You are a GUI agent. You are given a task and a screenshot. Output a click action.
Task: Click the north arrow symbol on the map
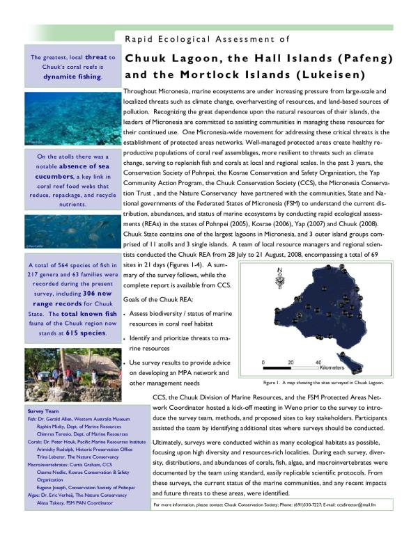(x=280, y=273)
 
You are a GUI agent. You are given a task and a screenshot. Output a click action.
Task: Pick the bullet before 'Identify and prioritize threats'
(x=124, y=337)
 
